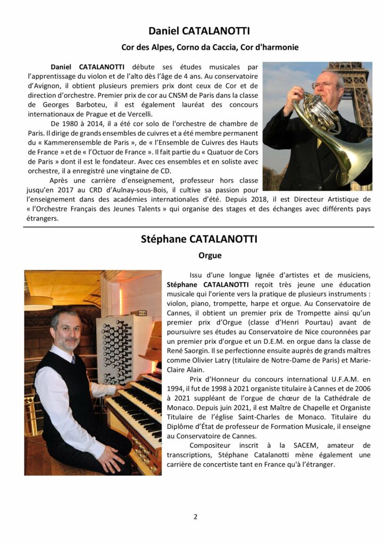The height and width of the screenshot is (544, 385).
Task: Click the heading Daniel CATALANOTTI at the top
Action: (199, 31)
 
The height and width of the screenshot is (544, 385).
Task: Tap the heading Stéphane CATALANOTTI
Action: (199, 239)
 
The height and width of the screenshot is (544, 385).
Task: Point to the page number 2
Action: (195, 516)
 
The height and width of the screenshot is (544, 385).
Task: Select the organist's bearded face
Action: (66, 331)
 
